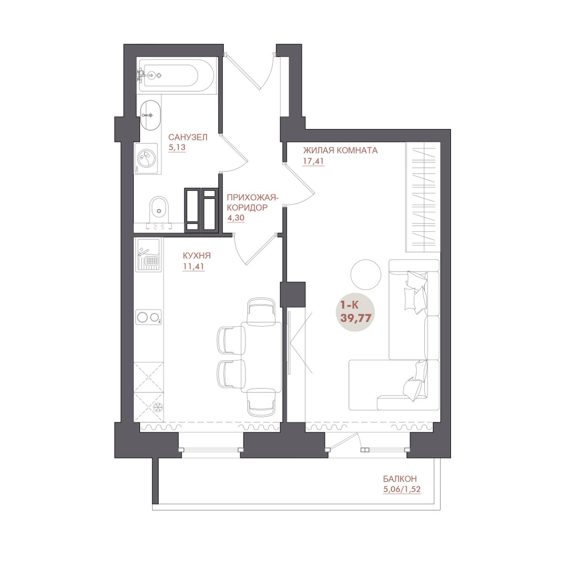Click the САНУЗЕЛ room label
187,137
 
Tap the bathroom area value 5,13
177,148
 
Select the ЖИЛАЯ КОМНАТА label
340,150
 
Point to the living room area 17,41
313,161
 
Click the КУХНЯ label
197,256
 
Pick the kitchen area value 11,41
193,266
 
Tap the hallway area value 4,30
236,218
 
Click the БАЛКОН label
399,479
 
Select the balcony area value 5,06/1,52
402,489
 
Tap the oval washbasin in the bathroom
150,115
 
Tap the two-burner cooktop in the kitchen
148,317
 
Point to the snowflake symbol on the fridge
157,407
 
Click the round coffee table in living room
366,274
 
